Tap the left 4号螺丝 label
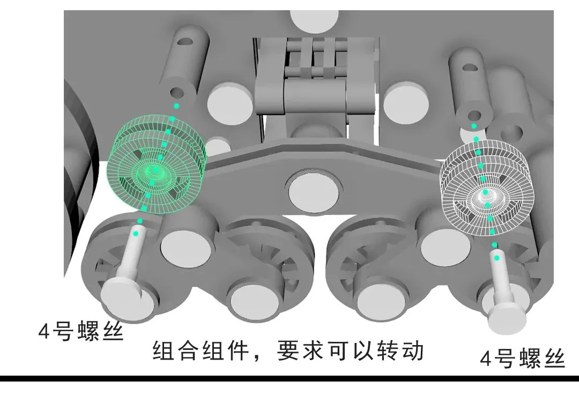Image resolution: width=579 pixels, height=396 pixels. (81, 331)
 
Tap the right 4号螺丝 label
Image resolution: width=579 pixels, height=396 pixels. (522, 358)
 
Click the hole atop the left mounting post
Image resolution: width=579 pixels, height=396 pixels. (185, 41)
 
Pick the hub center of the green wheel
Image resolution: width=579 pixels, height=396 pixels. (155, 171)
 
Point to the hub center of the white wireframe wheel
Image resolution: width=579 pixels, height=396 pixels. (485, 192)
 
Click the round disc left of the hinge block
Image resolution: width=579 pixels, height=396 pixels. (230, 104)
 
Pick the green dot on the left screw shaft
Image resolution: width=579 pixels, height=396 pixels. (136, 234)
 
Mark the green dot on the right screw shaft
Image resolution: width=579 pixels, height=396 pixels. (497, 258)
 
